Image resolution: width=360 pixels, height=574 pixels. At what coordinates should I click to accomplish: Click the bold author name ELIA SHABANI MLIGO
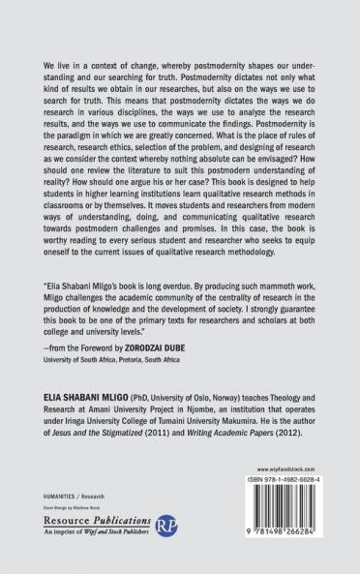(85, 411)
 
